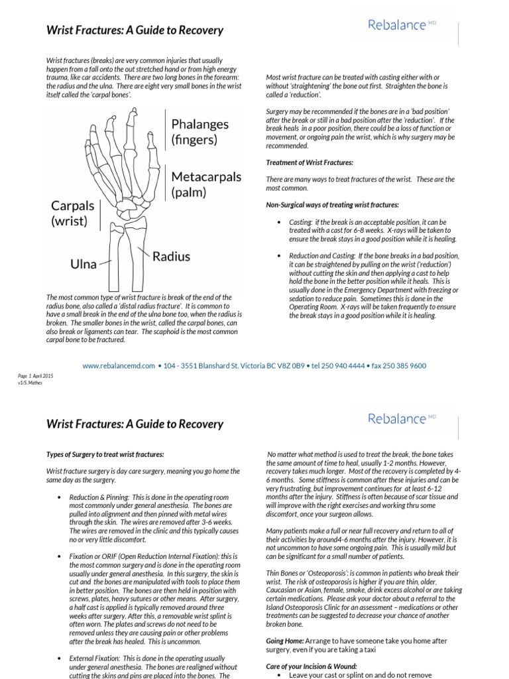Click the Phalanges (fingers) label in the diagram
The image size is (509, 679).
tap(199, 131)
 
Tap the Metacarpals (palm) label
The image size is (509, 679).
tap(206, 184)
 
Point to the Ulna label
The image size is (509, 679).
tap(84, 265)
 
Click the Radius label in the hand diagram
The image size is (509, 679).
tap(171, 256)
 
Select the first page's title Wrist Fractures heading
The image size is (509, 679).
tap(135, 31)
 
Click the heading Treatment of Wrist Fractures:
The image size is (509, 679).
tap(310, 162)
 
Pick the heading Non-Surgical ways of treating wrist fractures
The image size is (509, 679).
tap(332, 204)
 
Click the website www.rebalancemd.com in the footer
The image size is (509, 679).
tap(119, 365)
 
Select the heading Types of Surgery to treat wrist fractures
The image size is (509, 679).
tap(105, 454)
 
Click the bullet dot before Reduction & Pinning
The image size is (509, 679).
tap(60, 497)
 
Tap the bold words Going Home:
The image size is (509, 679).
tap(285, 641)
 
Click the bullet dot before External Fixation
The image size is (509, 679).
tap(60, 656)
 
